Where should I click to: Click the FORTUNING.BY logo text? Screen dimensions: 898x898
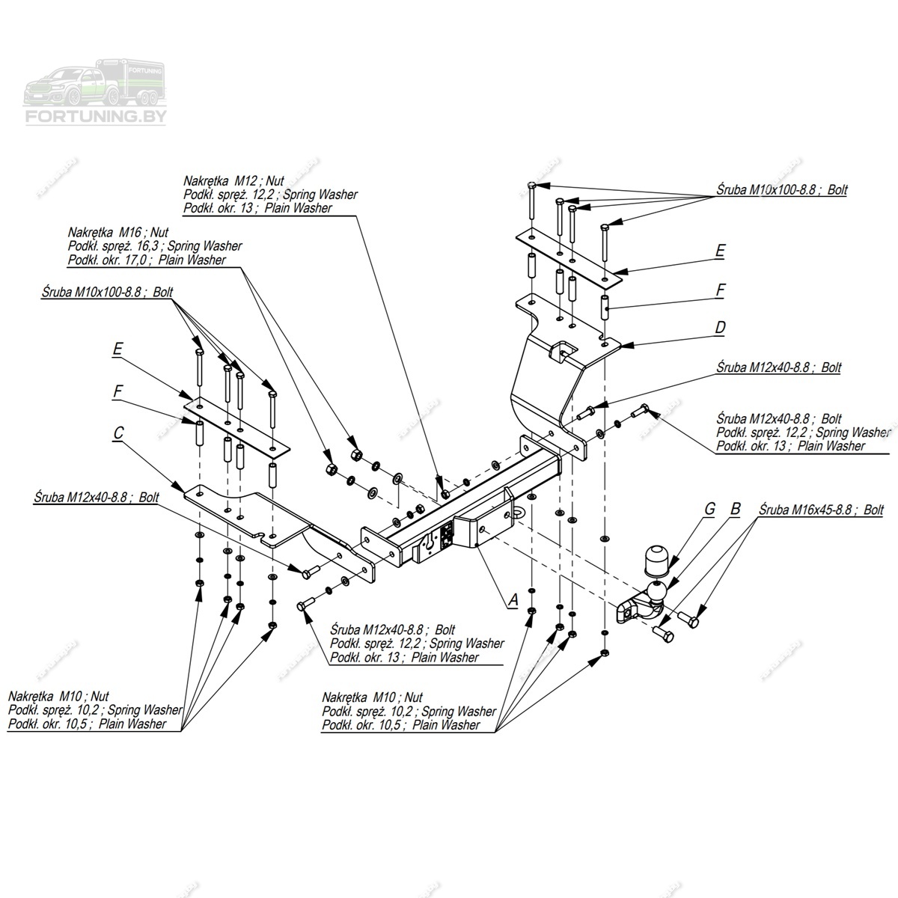pyautogui.click(x=97, y=117)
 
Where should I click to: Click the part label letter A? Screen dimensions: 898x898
pyautogui.click(x=513, y=599)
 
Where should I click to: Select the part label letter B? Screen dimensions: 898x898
pyautogui.click(x=735, y=510)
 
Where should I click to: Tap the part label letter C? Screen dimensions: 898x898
pyautogui.click(x=118, y=433)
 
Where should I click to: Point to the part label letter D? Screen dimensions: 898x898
pyautogui.click(x=720, y=328)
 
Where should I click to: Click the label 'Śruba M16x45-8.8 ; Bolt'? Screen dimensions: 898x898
pyautogui.click(x=821, y=510)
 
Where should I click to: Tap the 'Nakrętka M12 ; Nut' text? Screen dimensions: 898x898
pyautogui.click(x=224, y=181)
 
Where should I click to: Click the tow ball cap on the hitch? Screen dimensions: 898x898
pyautogui.click(x=654, y=560)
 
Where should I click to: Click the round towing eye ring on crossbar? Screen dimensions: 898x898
pyautogui.click(x=518, y=510)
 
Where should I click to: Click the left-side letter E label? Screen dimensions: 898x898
pyautogui.click(x=117, y=348)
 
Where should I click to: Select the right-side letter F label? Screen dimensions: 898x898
pyautogui.click(x=720, y=290)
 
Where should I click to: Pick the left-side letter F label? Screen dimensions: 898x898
pyautogui.click(x=118, y=391)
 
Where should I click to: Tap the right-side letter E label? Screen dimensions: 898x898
pyautogui.click(x=720, y=251)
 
